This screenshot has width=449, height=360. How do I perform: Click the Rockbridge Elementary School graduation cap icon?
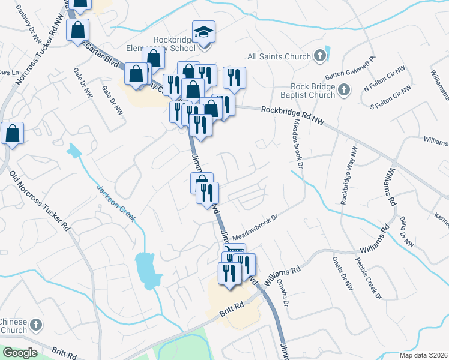[x=203, y=32]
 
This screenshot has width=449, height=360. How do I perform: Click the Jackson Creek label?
[x=116, y=203]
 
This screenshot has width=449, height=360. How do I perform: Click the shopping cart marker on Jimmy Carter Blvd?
[x=234, y=251]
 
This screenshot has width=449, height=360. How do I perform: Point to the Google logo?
[x=20, y=353]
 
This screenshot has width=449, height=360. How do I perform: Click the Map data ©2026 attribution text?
[x=423, y=355]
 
